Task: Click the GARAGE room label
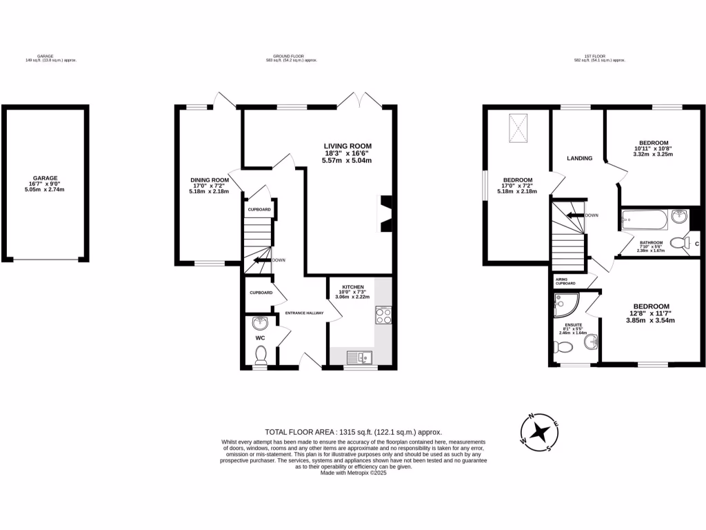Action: point(46,177)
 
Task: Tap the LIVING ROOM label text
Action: point(347,146)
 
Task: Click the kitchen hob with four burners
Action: point(383,315)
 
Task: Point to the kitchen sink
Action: point(360,357)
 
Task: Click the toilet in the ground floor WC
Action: point(261,353)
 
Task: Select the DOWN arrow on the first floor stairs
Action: point(575,215)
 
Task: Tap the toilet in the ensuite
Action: point(563,347)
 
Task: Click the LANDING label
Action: point(579,158)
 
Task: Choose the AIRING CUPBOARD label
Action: point(566,281)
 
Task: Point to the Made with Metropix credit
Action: point(353,473)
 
